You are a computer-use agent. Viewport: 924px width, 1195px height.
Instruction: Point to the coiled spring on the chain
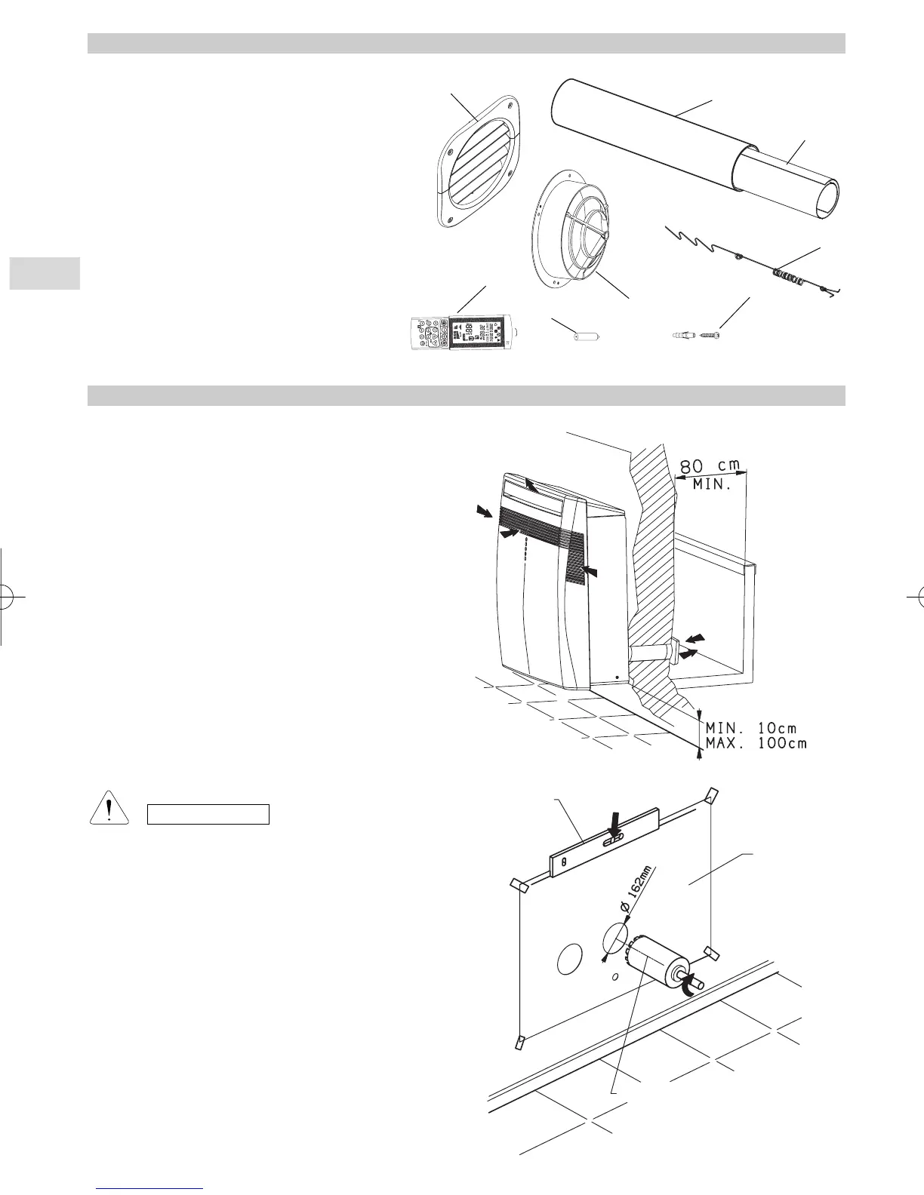point(788,278)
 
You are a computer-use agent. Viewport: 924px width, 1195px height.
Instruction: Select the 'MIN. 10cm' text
point(750,728)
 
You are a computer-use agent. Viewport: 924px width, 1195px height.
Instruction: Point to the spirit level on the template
point(605,843)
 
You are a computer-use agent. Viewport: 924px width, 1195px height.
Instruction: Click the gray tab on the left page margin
point(45,273)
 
